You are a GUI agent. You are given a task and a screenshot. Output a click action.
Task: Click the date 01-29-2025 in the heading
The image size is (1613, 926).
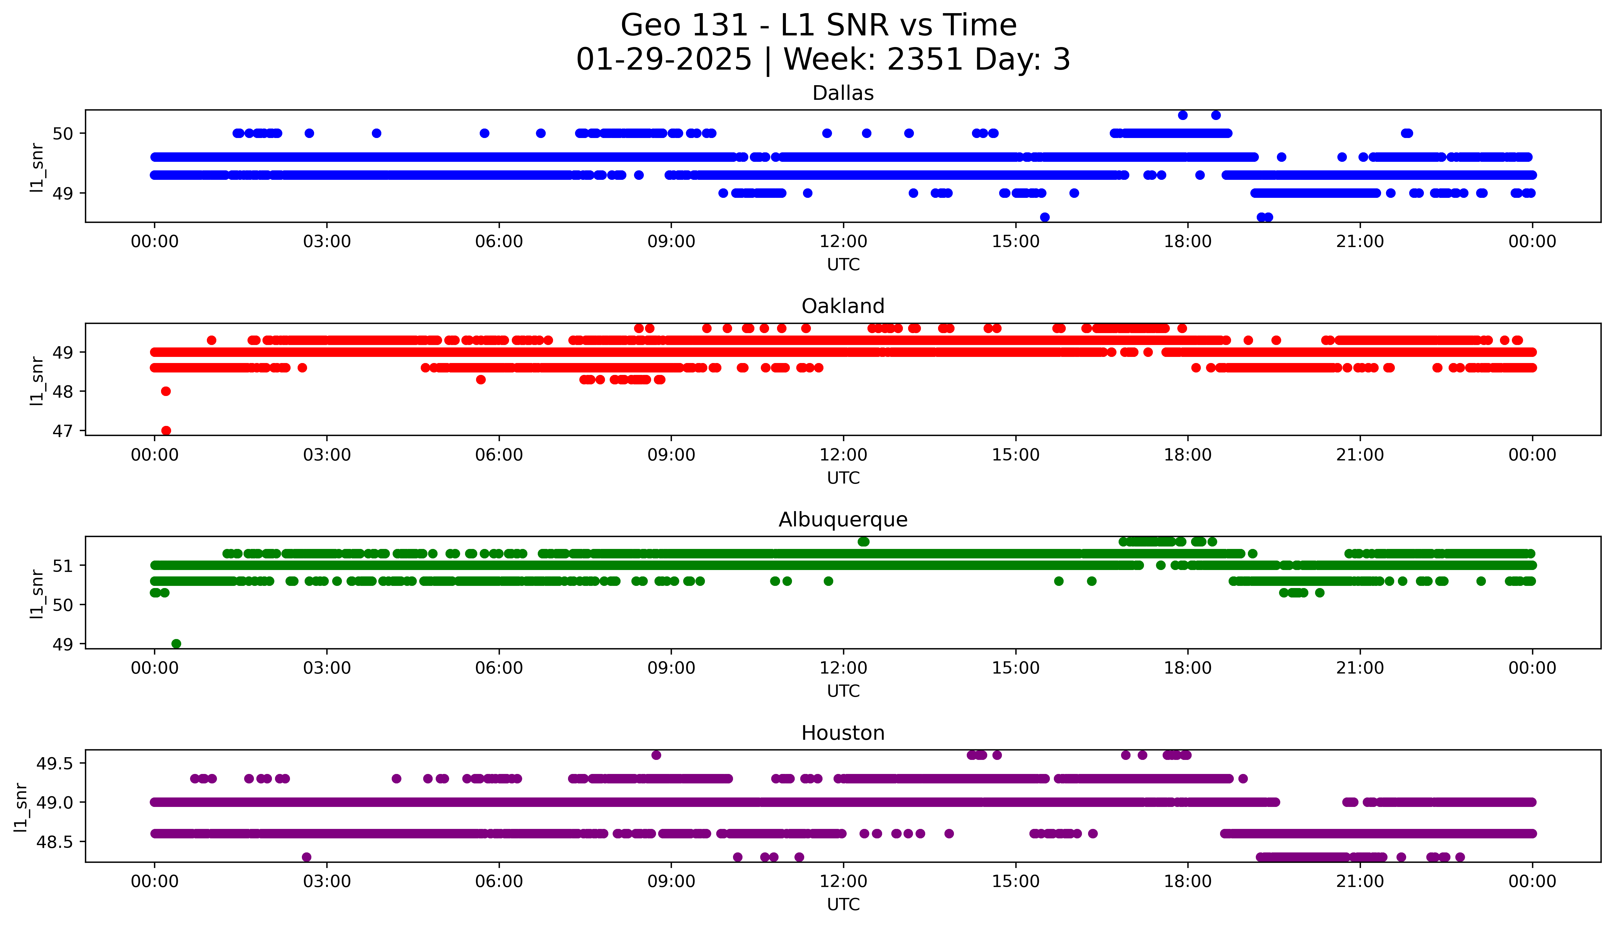pyautogui.click(x=664, y=60)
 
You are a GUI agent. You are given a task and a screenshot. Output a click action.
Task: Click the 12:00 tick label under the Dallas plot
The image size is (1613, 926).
pyautogui.click(x=843, y=242)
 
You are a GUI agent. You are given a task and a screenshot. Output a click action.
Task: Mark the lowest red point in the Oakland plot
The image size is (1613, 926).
pyautogui.click(x=166, y=430)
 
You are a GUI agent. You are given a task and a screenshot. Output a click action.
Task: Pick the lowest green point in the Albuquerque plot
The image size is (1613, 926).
pyautogui.click(x=176, y=644)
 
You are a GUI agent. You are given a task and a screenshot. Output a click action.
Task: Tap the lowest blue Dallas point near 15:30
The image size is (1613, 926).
pyautogui.click(x=1044, y=217)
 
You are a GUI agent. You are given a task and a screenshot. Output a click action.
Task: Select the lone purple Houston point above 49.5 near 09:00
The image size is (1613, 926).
pyautogui.click(x=656, y=755)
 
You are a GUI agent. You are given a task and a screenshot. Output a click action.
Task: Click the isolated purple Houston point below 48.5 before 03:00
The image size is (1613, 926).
pyautogui.click(x=306, y=857)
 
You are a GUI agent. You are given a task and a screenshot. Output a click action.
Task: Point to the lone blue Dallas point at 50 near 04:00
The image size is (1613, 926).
pyautogui.click(x=376, y=133)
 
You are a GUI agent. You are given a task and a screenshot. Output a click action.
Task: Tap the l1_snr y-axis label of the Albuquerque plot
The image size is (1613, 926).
pyautogui.click(x=37, y=594)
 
